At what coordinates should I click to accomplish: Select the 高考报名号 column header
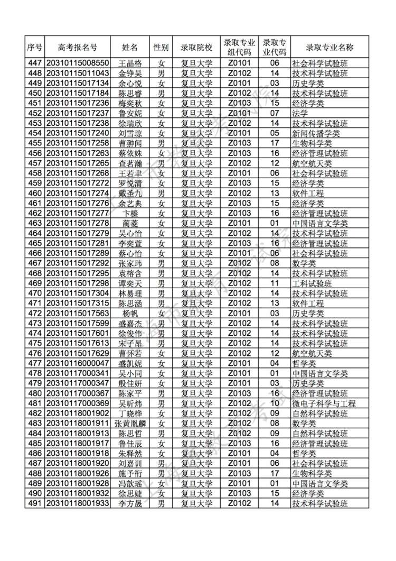pyautogui.click(x=78, y=47)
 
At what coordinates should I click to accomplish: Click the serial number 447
pyautogui.click(x=34, y=63)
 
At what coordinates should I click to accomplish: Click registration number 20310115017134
pyautogui.click(x=78, y=83)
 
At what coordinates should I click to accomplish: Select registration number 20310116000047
pyautogui.click(x=78, y=363)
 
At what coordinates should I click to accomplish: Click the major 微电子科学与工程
pyautogui.click(x=324, y=403)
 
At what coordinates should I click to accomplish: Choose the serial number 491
pyautogui.click(x=34, y=503)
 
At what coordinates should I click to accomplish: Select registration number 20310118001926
pyautogui.click(x=78, y=473)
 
